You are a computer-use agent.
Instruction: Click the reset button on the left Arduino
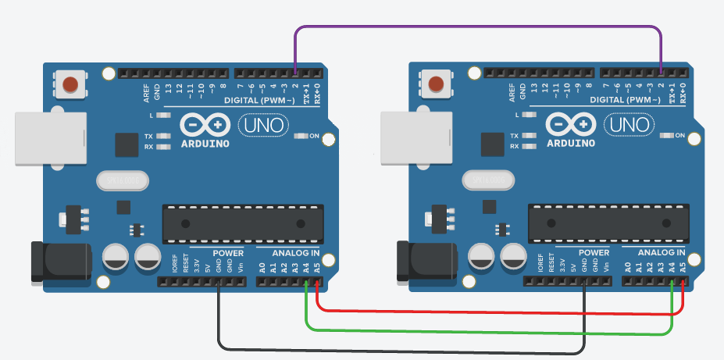point(71,82)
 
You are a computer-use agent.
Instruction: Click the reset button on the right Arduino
point(437,82)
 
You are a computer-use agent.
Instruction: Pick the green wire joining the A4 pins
point(484,333)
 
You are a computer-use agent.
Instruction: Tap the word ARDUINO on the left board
point(205,144)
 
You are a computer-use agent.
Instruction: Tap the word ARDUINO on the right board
point(571,144)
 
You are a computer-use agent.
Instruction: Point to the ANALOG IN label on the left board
point(295,253)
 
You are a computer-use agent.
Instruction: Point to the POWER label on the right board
point(594,253)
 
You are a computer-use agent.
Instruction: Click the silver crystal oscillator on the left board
point(122,181)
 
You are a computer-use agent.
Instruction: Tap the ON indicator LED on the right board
point(665,136)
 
